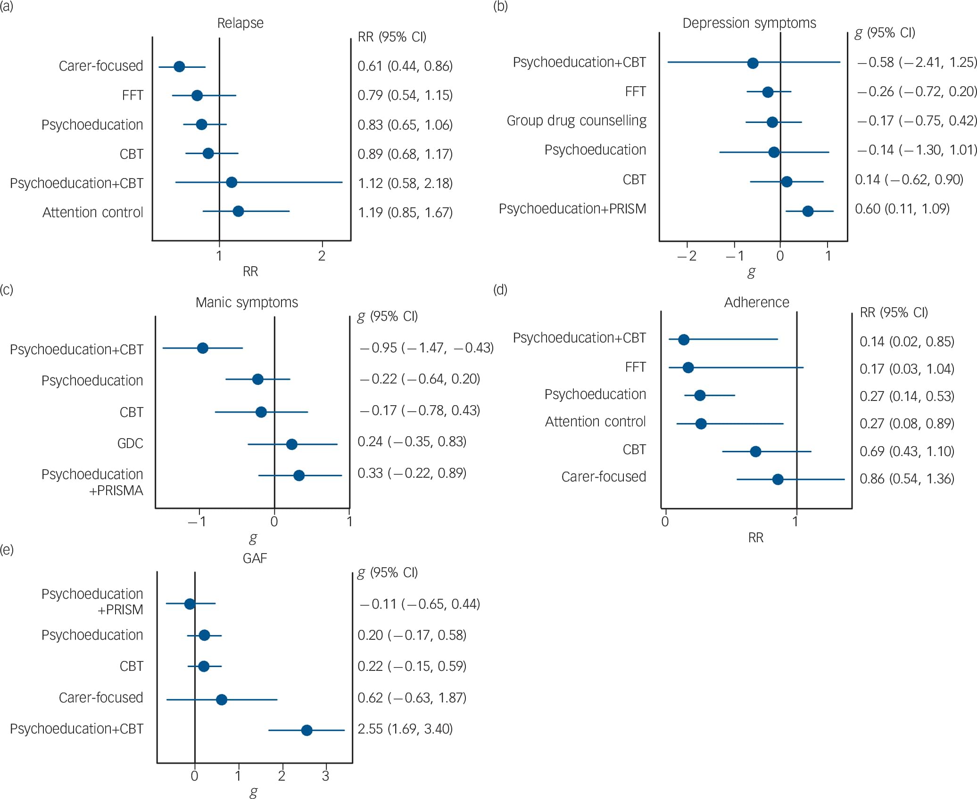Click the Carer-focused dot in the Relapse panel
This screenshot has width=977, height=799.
pos(179,66)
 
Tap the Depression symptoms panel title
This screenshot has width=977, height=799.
pos(749,23)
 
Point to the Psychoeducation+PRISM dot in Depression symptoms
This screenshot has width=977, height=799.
pos(808,211)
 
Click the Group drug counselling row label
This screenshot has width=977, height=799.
pos(576,121)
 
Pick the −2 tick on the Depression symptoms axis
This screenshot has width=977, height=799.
pos(687,256)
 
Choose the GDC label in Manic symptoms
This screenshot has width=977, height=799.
pos(130,443)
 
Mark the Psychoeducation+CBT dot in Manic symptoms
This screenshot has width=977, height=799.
pos(203,348)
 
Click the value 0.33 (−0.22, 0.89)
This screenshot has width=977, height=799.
pos(412,473)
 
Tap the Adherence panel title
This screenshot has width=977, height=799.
pos(756,302)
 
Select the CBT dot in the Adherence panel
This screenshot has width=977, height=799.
pos(755,452)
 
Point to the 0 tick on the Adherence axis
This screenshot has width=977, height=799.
pos(665,522)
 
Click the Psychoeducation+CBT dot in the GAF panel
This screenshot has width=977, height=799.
pos(306,730)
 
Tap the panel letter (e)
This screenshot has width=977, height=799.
pos(7,549)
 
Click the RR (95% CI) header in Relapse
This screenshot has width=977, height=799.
pos(392,37)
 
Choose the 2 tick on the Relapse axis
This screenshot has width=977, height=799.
pos(322,256)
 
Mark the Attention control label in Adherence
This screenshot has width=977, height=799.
pos(595,421)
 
